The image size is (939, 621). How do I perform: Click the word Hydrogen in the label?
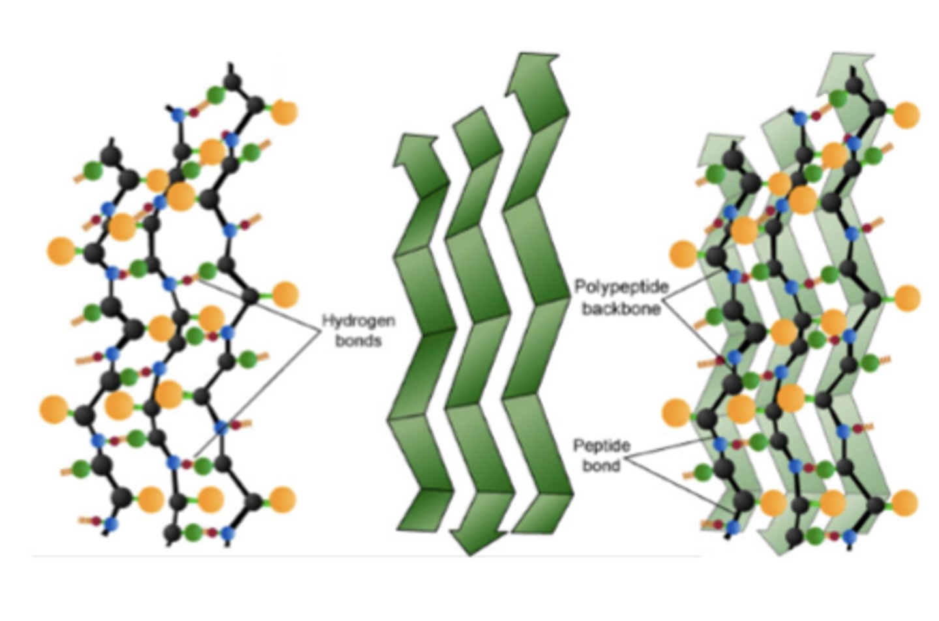click(359, 321)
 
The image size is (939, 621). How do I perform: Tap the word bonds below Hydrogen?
click(358, 340)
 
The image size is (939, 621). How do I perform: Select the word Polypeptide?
click(621, 287)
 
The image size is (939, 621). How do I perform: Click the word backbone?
click(621, 308)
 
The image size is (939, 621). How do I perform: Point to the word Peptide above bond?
click(601, 446)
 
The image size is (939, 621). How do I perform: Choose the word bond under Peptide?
click(601, 465)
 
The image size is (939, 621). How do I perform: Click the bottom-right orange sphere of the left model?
click(282, 500)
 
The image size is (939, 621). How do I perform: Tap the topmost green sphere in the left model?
click(216, 95)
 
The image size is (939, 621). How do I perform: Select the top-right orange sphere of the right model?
click(906, 115)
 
